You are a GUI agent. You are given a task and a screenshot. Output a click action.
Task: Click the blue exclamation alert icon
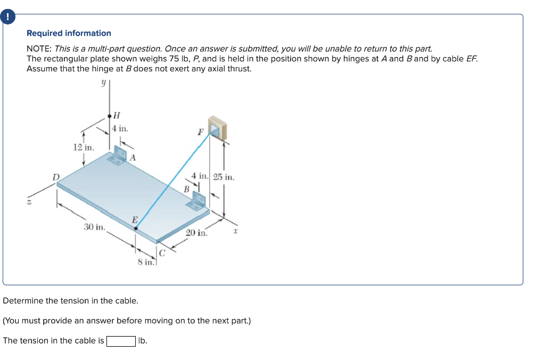click(x=8, y=17)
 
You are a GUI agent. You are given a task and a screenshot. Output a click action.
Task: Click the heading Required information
click(x=69, y=33)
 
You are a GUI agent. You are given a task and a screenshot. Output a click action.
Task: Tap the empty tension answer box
click(x=121, y=341)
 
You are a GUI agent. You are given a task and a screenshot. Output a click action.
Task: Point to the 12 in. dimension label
click(x=83, y=147)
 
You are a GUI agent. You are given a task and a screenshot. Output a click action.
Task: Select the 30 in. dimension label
click(x=95, y=227)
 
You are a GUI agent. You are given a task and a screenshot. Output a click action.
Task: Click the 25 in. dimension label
click(x=224, y=177)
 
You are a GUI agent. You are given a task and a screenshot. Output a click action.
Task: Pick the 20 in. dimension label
click(x=196, y=233)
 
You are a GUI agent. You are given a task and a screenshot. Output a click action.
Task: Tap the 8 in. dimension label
click(x=146, y=261)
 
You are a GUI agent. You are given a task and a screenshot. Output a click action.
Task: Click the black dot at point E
click(x=136, y=229)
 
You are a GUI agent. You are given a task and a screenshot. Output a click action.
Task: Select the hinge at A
click(x=118, y=156)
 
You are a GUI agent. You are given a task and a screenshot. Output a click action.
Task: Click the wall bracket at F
click(x=217, y=128)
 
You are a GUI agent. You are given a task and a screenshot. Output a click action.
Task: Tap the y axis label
click(x=104, y=83)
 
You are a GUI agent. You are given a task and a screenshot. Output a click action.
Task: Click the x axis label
click(x=234, y=232)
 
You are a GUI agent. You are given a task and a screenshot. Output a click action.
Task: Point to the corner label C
click(x=163, y=253)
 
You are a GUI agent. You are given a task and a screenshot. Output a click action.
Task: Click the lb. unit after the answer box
click(x=143, y=341)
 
